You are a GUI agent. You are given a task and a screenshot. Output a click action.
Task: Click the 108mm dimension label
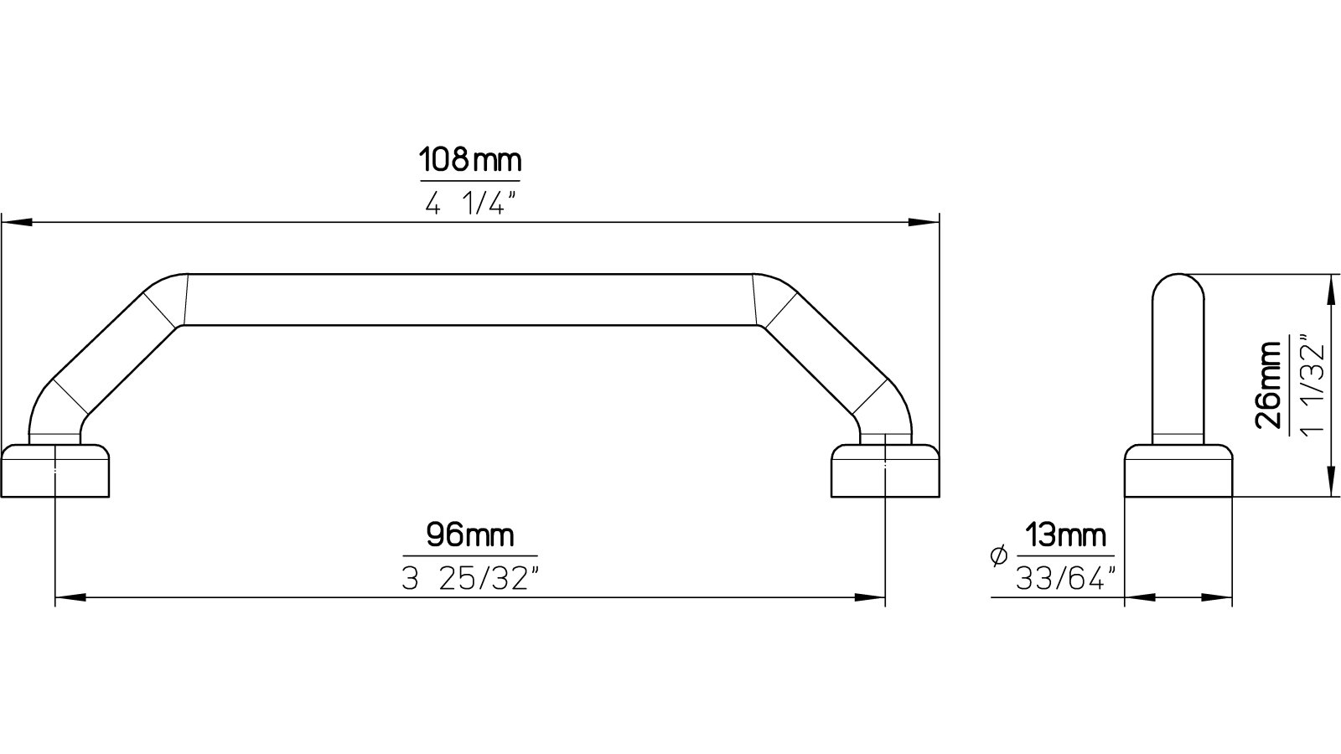click(x=469, y=160)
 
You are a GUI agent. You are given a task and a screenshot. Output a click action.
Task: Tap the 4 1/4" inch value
click(x=469, y=204)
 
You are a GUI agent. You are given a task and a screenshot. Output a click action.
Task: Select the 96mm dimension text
click(x=469, y=535)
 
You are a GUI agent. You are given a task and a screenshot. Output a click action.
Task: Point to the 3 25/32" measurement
click(x=469, y=578)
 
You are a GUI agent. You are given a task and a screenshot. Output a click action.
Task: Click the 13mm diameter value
click(x=1065, y=535)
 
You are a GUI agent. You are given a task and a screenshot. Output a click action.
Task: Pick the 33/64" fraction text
click(x=1066, y=577)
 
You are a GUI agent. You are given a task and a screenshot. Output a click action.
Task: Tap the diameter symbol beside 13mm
click(x=997, y=556)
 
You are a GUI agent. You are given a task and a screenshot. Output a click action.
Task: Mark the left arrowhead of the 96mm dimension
click(x=69, y=598)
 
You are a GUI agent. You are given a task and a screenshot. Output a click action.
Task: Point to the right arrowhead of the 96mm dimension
click(x=872, y=598)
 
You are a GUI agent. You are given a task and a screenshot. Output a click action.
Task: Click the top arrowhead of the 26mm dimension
click(x=1330, y=286)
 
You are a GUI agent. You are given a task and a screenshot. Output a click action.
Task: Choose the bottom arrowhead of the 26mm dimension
click(x=1330, y=485)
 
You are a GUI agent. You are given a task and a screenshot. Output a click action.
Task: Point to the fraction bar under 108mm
click(x=469, y=181)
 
